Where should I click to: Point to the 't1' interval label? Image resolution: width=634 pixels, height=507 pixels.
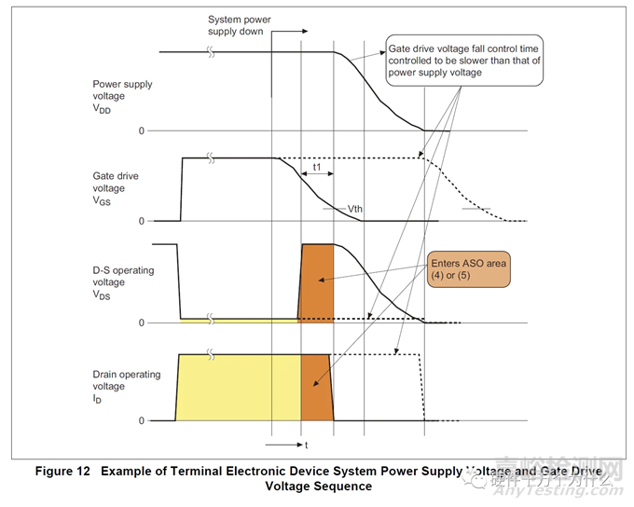318,169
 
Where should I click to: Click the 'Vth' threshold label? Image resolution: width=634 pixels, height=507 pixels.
354,209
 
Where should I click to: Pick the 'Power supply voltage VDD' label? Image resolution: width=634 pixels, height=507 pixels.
123,96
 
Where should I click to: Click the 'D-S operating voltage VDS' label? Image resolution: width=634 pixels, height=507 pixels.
122,281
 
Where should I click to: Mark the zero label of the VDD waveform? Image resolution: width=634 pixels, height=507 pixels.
142,130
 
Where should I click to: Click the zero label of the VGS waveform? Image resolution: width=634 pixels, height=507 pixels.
142,221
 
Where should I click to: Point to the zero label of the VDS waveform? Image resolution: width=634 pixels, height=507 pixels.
142,322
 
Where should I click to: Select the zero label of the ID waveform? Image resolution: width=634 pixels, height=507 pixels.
142,421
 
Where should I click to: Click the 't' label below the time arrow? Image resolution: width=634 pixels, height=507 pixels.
305,445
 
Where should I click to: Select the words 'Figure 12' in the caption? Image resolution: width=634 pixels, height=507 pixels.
63,471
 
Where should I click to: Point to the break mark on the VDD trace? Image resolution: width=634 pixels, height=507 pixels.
214,53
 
